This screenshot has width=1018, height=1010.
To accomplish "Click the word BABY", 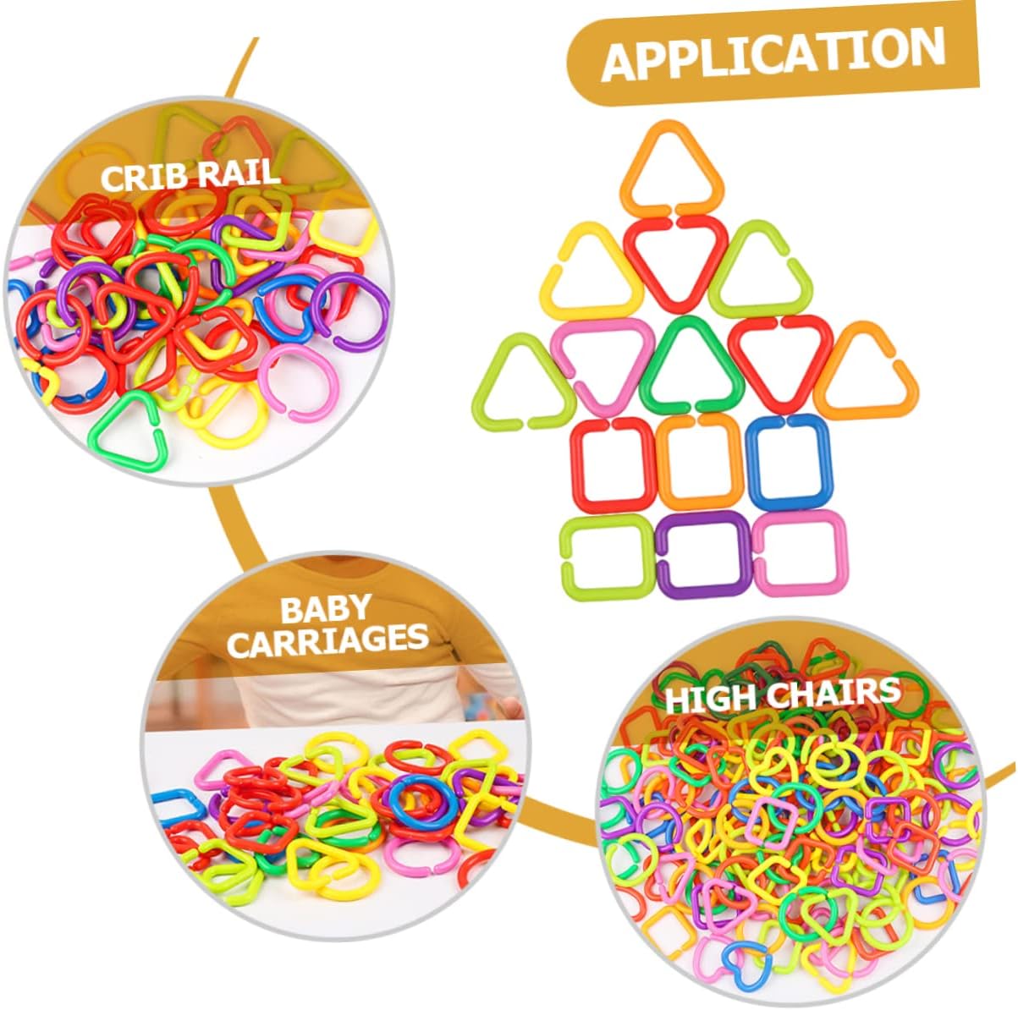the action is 324,608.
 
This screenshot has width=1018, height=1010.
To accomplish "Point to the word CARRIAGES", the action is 327,640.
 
